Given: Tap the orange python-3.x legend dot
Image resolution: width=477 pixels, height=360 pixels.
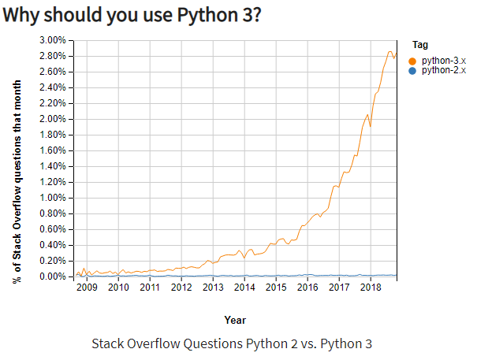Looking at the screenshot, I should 413,60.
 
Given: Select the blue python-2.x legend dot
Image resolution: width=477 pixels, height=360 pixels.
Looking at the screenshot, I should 413,70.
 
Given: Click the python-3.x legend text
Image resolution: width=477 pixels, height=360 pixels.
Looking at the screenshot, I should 444,60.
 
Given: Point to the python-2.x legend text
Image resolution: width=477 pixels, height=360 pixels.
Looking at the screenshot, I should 444,70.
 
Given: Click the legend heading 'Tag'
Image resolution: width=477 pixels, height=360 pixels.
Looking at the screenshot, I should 420,45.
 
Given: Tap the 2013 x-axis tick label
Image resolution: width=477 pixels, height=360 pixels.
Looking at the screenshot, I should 213,288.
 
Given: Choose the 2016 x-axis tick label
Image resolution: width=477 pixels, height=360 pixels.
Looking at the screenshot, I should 307,288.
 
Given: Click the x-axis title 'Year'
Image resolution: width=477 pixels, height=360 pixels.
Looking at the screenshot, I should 234,320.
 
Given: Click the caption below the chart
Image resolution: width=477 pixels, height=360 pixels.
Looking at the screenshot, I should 231,343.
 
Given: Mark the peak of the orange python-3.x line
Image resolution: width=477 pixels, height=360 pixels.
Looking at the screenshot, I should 389,52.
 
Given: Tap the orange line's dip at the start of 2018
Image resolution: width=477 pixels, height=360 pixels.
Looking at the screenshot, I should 370,126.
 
